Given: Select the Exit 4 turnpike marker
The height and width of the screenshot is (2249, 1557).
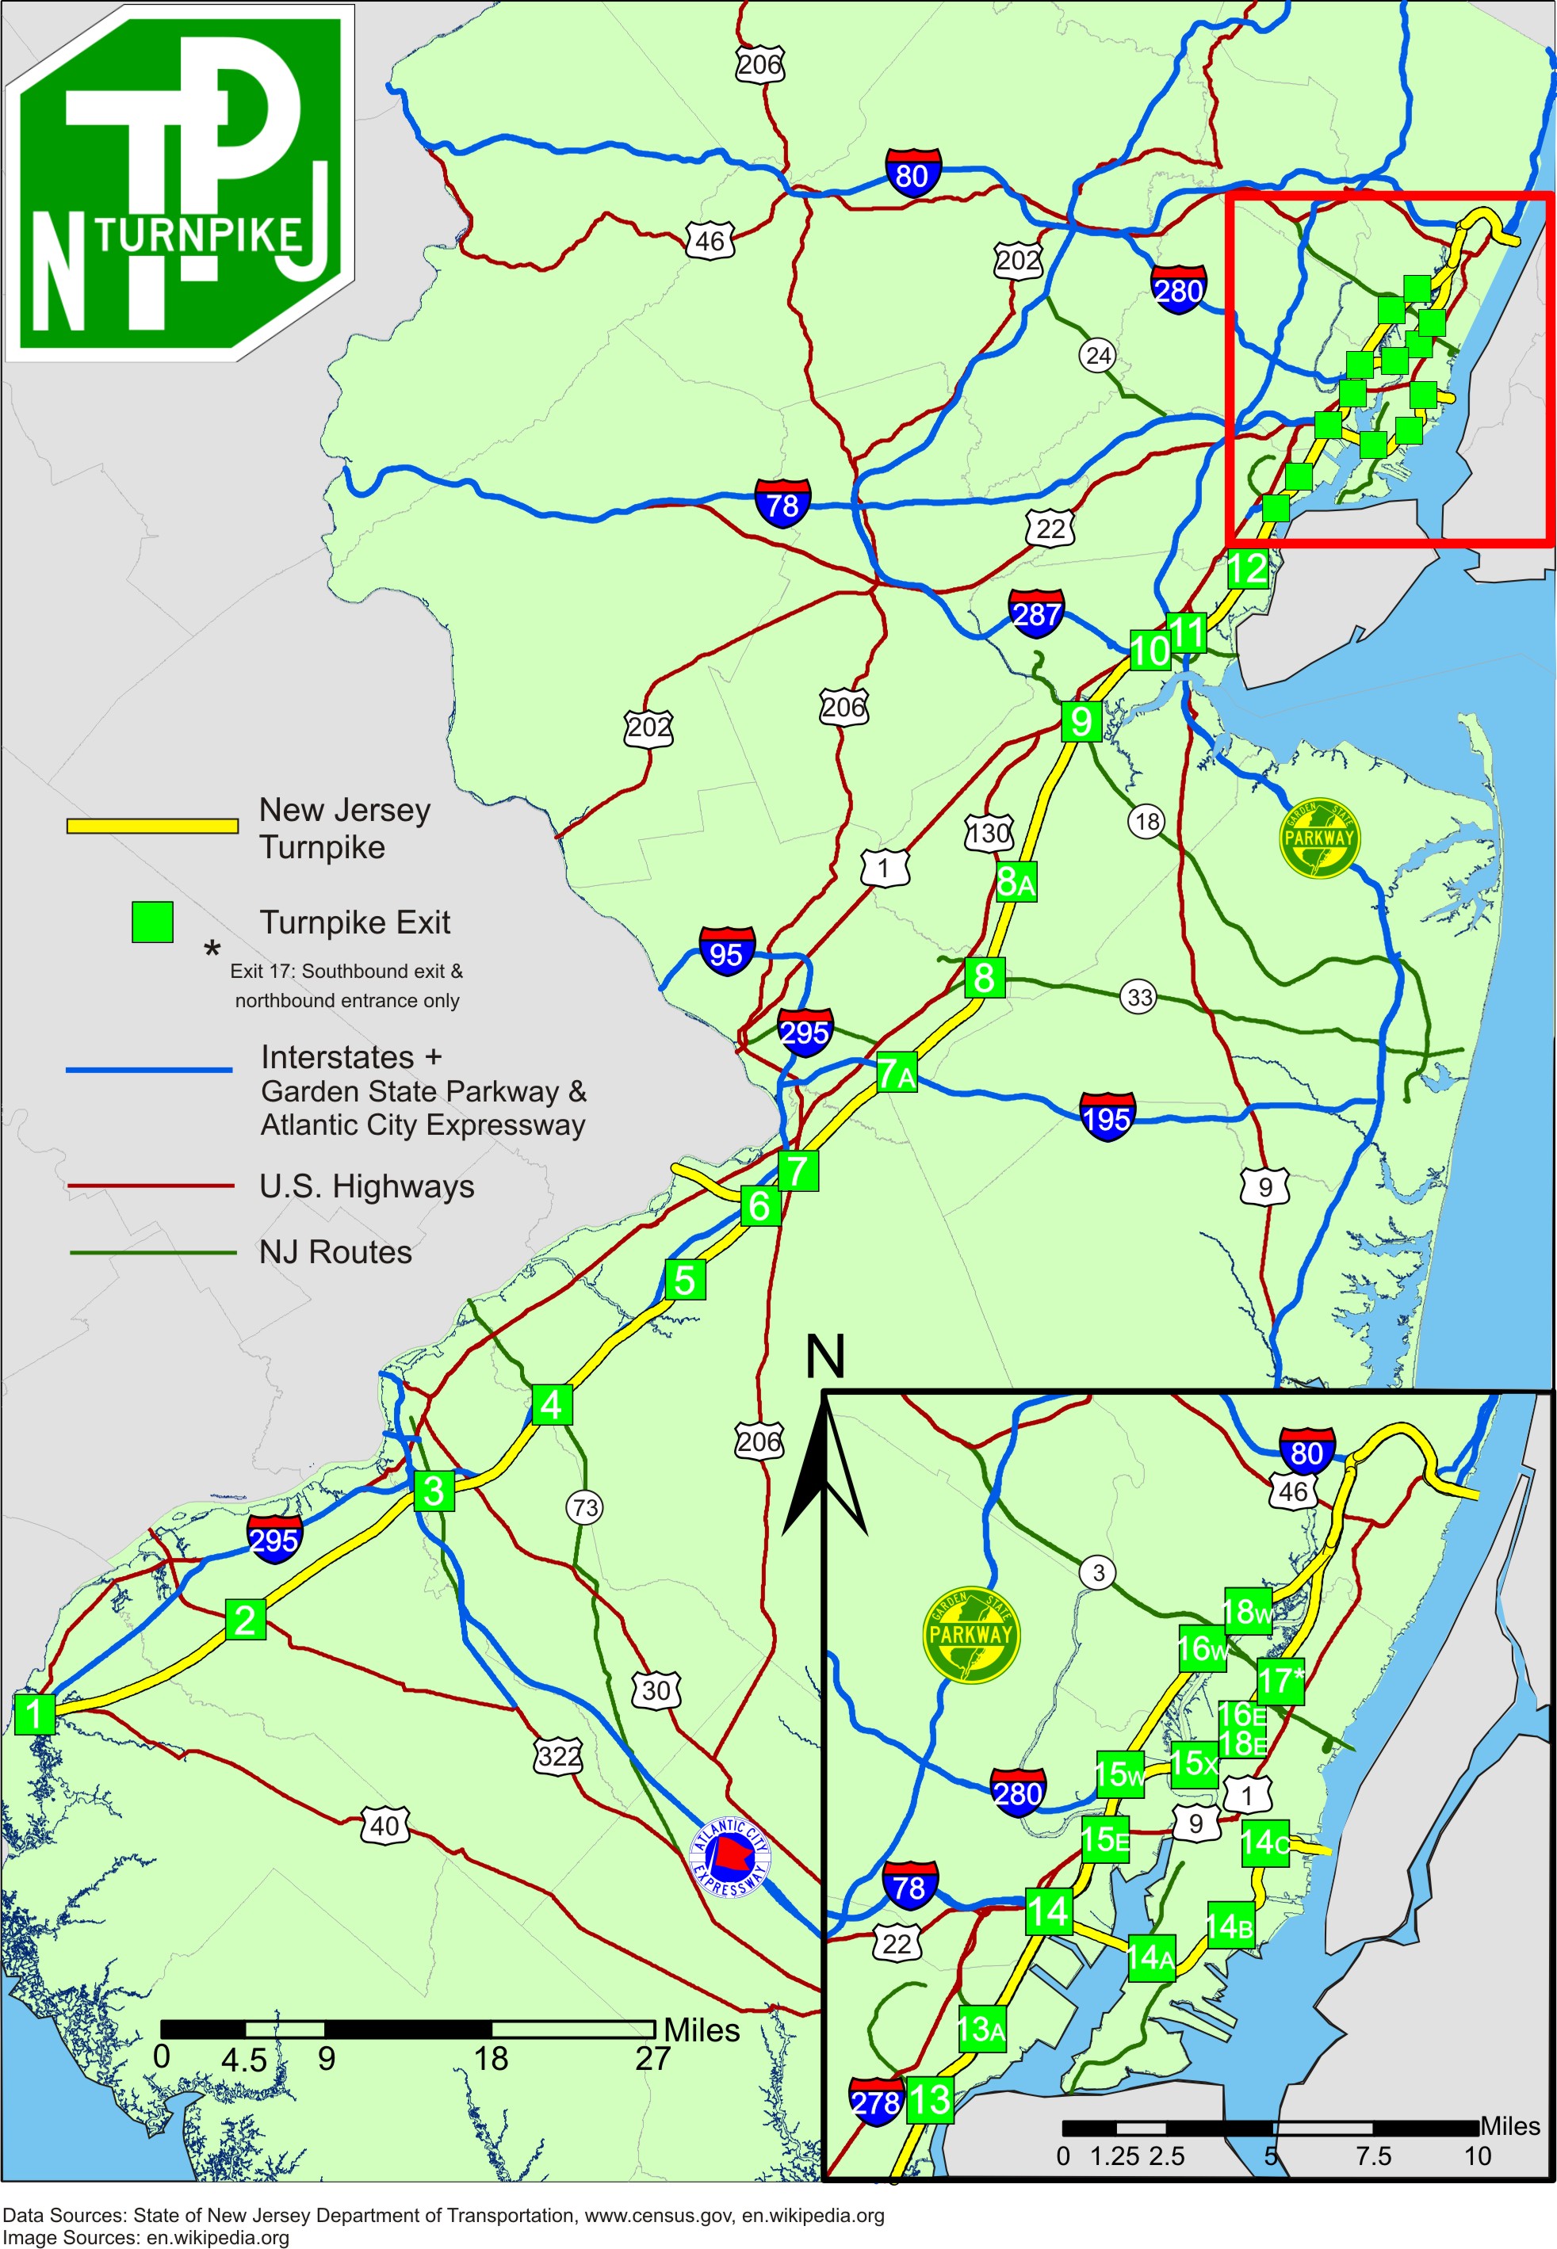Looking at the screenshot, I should (553, 1404).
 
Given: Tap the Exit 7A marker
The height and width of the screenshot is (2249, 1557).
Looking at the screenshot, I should (897, 1073).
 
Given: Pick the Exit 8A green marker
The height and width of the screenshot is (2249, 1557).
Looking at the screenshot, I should (1016, 882).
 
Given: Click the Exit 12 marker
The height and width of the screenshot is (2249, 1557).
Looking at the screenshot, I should (1247, 568).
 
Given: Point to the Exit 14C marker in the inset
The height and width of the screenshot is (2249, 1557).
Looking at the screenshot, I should (1265, 1842).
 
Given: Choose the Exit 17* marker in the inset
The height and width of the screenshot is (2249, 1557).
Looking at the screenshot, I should (1280, 1681).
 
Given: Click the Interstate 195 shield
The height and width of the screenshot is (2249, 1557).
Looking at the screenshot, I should (1106, 1117).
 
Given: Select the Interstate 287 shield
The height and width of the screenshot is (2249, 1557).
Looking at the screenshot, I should (1036, 613).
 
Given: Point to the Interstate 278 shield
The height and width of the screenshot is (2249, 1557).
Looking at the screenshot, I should (876, 2102).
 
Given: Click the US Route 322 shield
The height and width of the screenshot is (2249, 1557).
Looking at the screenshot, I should (558, 1758).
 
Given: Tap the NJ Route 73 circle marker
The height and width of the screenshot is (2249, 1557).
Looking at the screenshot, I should (585, 1508).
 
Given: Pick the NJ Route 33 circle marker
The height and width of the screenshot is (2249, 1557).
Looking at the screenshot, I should (1139, 997).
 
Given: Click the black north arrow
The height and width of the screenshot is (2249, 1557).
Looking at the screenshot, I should (825, 1463).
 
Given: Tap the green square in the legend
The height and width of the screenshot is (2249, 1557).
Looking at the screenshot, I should (152, 922).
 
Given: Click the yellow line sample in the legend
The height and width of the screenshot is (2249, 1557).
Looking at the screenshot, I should (152, 826).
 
